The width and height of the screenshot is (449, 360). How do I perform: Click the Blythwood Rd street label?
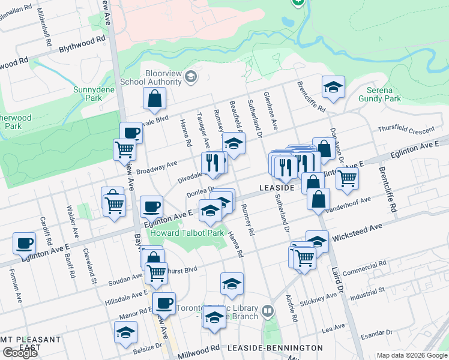click(82, 40)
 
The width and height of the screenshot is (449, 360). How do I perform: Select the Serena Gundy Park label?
click(380, 94)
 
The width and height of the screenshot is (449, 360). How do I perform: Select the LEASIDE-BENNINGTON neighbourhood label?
click(276, 347)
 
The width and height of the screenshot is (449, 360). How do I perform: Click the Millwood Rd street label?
click(197, 349)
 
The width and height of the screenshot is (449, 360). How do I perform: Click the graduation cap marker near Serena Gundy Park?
click(333, 87)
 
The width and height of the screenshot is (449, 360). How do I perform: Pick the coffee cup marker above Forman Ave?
click(25, 243)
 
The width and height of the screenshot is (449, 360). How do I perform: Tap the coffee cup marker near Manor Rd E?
click(164, 303)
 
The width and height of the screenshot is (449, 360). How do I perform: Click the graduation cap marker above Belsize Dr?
click(125, 332)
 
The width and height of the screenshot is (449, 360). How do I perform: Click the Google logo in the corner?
click(20, 352)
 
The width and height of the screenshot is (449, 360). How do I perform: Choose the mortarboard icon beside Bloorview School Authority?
click(191, 76)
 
